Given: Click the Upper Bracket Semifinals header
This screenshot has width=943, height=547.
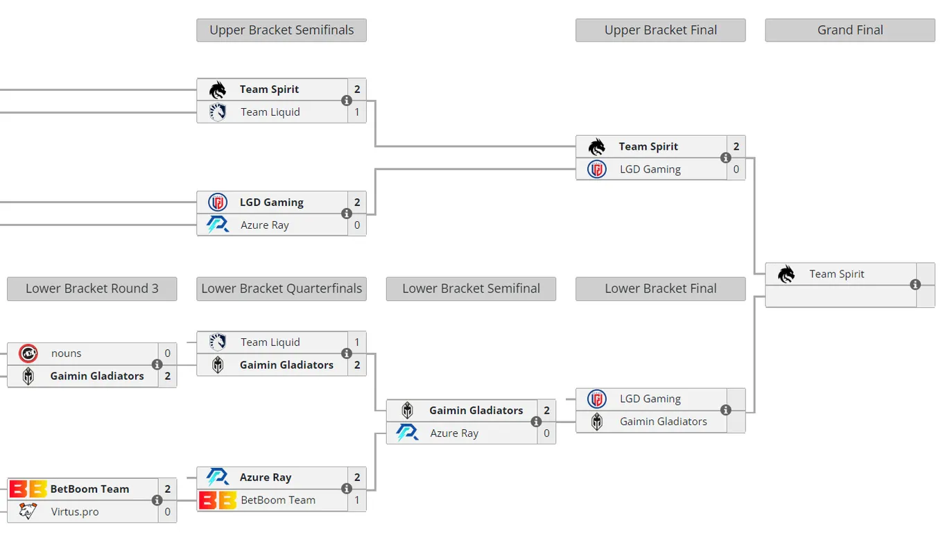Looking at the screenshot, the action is (x=282, y=30).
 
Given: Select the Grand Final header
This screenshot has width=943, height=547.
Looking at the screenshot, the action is (x=850, y=30).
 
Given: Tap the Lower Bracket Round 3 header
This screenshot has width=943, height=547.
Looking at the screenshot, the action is (x=92, y=288).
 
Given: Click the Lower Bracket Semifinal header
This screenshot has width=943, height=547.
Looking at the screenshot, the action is (x=471, y=288).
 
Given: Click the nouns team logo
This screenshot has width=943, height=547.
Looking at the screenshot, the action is (x=28, y=354).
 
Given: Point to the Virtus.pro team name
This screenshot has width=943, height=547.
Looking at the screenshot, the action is (x=75, y=512).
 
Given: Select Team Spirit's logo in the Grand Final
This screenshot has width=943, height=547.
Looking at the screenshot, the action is (x=786, y=275).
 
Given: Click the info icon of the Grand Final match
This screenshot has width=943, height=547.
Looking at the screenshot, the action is (x=915, y=285).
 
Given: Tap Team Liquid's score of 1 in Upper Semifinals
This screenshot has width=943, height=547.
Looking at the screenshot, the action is (x=357, y=112).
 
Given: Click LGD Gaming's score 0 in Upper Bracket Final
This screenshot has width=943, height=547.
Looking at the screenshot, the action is (x=736, y=169).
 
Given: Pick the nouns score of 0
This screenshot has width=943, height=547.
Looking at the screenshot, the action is (x=168, y=353).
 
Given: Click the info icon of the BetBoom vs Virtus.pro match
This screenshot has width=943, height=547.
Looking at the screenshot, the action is (x=157, y=501).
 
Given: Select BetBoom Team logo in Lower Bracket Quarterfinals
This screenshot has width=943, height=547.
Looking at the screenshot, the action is (x=218, y=501).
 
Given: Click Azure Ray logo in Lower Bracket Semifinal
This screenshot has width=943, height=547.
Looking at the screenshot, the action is (x=407, y=433).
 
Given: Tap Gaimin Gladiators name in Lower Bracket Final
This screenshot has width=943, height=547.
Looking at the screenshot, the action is (x=663, y=422).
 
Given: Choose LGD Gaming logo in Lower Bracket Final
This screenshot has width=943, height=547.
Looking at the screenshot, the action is (x=596, y=399).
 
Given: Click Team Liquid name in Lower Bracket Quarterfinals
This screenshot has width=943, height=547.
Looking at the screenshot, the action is (x=270, y=342).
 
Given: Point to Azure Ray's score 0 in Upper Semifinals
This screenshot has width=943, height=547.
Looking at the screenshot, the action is (x=357, y=225).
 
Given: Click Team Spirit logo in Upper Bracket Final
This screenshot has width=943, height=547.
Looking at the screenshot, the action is (x=596, y=147).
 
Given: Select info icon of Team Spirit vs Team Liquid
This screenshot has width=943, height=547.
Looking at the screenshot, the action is (x=347, y=101).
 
